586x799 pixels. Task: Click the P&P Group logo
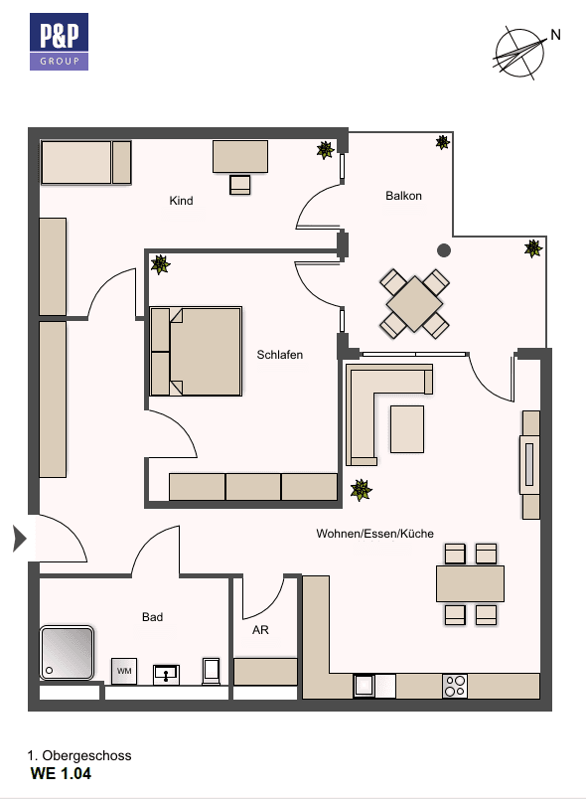(59, 43)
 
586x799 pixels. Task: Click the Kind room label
(181, 201)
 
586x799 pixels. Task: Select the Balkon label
(403, 196)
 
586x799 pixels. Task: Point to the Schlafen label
(280, 355)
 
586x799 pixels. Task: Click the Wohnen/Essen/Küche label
(374, 534)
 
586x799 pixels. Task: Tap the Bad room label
(152, 617)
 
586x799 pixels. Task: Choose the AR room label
(260, 630)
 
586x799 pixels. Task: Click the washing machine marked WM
(124, 671)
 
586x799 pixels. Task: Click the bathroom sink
(166, 674)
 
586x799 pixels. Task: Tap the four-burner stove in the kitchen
(455, 685)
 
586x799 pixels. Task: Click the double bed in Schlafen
(197, 352)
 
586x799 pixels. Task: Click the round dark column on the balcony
(443, 250)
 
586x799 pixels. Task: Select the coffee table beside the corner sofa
(406, 427)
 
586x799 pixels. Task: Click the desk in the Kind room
(240, 156)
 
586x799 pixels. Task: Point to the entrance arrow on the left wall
(18, 539)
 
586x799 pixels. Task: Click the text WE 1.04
(62, 773)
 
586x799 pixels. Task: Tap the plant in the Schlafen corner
(160, 264)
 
